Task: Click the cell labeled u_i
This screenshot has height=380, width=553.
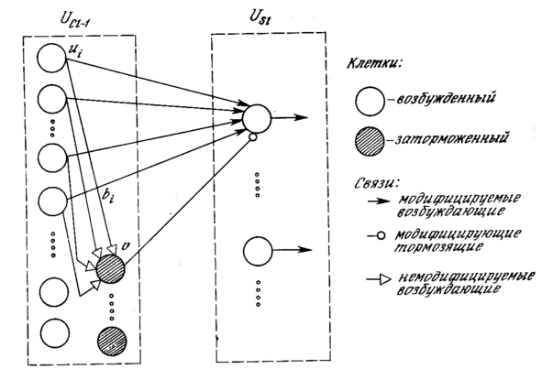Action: tap(51, 58)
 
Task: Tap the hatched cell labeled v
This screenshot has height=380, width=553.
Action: tap(110, 268)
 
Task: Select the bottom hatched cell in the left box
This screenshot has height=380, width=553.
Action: tap(112, 342)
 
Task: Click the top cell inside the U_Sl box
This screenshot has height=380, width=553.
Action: tap(257, 118)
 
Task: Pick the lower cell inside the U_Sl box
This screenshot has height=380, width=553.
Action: tap(258, 251)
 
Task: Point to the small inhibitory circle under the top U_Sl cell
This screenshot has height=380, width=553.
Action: tap(252, 137)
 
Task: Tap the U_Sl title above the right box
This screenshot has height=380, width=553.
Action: tap(260, 16)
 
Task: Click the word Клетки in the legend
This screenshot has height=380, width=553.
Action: tap(374, 63)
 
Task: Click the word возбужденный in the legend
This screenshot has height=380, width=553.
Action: tap(446, 98)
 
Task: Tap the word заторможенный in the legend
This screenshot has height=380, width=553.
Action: tap(451, 138)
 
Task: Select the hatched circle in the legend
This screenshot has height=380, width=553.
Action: tap(370, 141)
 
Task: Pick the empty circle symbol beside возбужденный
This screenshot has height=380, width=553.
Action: tap(370, 101)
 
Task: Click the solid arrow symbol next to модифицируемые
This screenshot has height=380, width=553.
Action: tap(379, 201)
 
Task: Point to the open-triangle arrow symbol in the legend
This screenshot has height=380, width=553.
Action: tap(379, 280)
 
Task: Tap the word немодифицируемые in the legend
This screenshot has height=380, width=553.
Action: tap(467, 277)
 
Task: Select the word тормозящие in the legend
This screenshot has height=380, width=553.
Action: tap(438, 247)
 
